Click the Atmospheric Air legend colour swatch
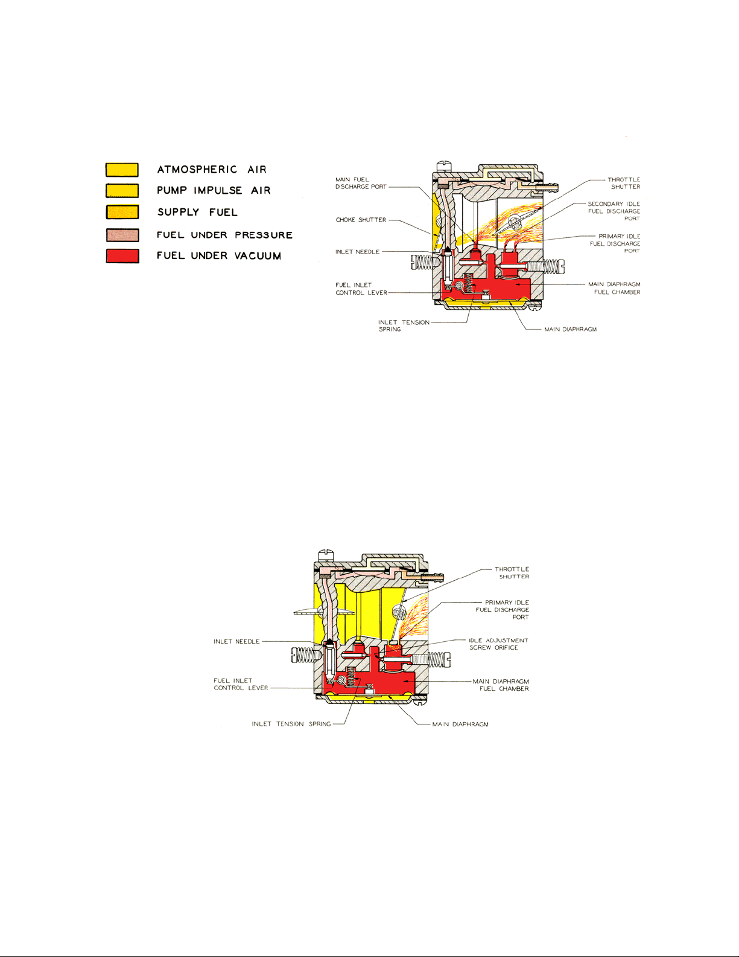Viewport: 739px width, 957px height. click(122, 170)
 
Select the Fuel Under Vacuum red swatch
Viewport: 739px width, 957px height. click(122, 256)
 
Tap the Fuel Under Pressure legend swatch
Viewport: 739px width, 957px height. click(122, 235)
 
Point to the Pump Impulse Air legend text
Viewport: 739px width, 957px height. click(214, 191)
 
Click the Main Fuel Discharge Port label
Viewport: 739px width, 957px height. click(360, 183)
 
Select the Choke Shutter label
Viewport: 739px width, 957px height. click(361, 220)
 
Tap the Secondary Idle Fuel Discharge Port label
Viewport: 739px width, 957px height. click(614, 211)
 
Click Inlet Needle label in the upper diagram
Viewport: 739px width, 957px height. click(357, 252)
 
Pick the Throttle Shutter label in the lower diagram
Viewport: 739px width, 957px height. click(512, 572)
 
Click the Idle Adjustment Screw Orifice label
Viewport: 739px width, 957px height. click(498, 644)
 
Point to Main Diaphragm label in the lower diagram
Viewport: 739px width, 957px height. click(460, 724)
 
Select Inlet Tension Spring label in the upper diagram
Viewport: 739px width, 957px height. click(404, 325)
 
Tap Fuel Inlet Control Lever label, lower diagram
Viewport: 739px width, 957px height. click(241, 684)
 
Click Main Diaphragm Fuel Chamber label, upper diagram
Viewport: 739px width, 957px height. click(614, 288)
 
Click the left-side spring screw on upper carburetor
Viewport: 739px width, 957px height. click(422, 262)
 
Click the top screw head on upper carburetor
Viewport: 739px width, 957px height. click(444, 163)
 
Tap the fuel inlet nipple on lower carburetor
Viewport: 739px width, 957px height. click(433, 578)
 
